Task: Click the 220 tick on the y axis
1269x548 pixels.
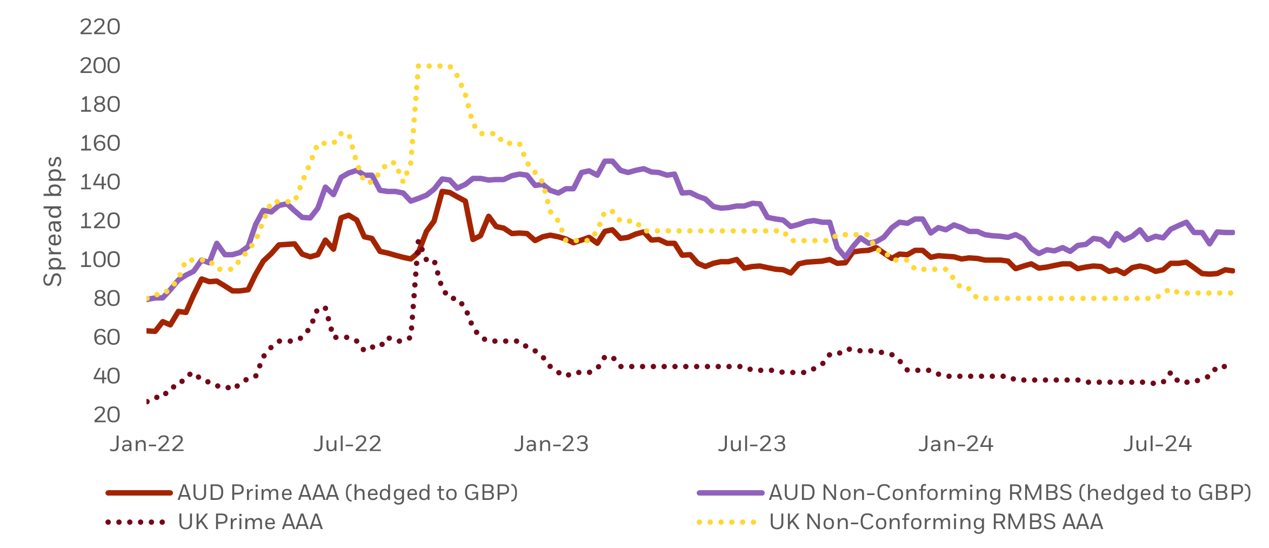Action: (x=100, y=27)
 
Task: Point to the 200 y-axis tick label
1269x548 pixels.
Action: (x=100, y=66)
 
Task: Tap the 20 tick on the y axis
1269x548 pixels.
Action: (x=106, y=415)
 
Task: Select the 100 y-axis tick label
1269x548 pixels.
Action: (x=100, y=260)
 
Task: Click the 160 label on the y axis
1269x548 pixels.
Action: (x=100, y=144)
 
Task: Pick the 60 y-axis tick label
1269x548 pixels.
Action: (x=106, y=338)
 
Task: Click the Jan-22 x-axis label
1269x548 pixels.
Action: (x=147, y=444)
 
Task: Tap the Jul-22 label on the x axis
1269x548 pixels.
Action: (x=348, y=444)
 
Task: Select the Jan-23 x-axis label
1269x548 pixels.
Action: (x=551, y=444)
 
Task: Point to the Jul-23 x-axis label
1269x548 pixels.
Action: (x=752, y=444)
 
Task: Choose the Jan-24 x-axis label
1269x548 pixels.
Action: (x=956, y=444)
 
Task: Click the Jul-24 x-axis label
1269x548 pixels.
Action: (x=1157, y=444)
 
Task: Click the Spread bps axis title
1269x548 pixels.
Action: (x=53, y=221)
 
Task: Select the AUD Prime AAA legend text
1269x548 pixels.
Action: (x=348, y=493)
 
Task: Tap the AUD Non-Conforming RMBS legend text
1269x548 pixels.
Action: (x=1010, y=493)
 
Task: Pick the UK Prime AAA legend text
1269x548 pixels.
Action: (x=250, y=522)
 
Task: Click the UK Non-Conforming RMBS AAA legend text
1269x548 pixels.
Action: (x=936, y=522)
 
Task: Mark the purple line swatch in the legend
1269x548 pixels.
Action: (x=730, y=493)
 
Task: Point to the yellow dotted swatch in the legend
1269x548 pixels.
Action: (x=727, y=522)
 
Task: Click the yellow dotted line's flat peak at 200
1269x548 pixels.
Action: (x=435, y=66)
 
